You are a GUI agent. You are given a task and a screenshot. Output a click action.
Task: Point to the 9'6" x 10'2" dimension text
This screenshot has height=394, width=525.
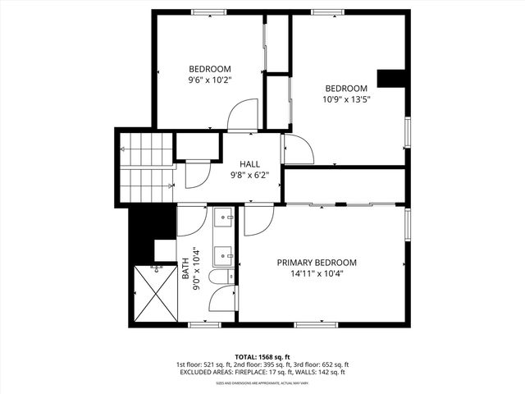pyautogui.click(x=210, y=80)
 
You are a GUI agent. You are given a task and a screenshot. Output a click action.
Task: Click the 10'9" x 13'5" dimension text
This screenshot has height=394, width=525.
pyautogui.click(x=346, y=100)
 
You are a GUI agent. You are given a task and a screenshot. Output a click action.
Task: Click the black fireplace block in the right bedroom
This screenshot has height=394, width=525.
pyautogui.click(x=392, y=78)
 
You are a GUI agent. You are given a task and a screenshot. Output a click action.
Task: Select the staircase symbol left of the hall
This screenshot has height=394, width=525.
pyautogui.click(x=147, y=167)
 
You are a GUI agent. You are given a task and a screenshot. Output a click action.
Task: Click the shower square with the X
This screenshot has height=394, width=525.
pyautogui.click(x=153, y=293)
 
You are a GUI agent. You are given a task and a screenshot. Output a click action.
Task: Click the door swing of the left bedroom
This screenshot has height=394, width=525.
pyautogui.click(x=243, y=115)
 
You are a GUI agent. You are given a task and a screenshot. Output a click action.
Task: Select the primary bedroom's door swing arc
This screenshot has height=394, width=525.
pyautogui.click(x=258, y=220)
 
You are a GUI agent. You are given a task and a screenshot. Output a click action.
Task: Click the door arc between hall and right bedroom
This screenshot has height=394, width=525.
pyautogui.click(x=298, y=149)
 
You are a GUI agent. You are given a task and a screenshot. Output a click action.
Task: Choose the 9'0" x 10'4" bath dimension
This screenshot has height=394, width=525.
pyautogui.click(x=196, y=269)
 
